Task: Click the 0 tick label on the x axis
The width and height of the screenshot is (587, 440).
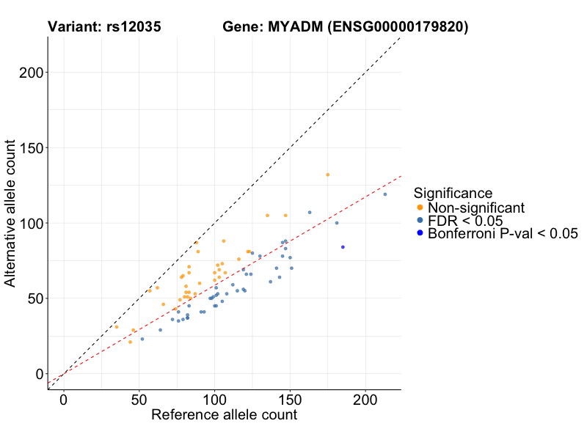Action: (64, 402)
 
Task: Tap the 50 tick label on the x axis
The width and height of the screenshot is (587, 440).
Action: (139, 402)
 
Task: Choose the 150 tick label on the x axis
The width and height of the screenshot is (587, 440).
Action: (290, 402)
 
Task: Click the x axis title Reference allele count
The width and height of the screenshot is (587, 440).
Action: (224, 415)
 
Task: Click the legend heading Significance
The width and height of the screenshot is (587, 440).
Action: (453, 194)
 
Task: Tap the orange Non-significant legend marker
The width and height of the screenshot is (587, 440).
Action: (420, 208)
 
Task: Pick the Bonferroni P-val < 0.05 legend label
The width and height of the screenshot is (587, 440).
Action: (503, 234)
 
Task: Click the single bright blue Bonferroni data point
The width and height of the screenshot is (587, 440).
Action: (343, 247)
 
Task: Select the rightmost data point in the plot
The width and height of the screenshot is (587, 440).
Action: (384, 194)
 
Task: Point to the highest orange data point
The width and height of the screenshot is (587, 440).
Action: (327, 175)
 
